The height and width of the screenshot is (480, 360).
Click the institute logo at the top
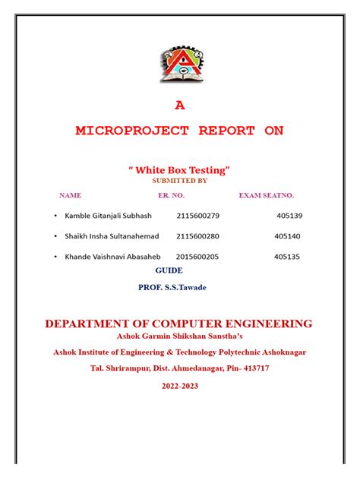click(x=180, y=64)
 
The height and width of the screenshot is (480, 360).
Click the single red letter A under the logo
click(x=180, y=106)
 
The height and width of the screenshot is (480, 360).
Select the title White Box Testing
click(x=179, y=169)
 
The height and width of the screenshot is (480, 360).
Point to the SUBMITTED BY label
click(x=179, y=181)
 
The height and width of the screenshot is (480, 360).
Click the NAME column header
click(x=70, y=195)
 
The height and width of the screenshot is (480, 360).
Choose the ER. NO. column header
click(x=171, y=195)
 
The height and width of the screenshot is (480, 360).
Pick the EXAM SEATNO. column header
click(x=266, y=195)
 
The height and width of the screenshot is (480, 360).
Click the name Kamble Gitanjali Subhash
click(x=109, y=216)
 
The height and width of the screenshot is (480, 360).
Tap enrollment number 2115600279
click(x=197, y=216)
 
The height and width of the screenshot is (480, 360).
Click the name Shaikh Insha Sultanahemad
click(x=112, y=236)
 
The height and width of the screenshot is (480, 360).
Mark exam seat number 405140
click(x=288, y=236)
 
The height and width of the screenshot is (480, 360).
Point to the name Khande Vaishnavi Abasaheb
click(x=113, y=257)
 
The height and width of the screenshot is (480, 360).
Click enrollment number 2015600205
click(x=199, y=257)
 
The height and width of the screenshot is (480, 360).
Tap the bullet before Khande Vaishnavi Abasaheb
click(x=55, y=257)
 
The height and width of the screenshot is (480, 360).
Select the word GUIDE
click(x=169, y=270)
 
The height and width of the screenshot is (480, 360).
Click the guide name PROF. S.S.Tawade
click(x=172, y=288)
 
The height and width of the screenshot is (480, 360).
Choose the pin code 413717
click(x=253, y=368)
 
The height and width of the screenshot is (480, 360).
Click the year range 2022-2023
click(x=179, y=386)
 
